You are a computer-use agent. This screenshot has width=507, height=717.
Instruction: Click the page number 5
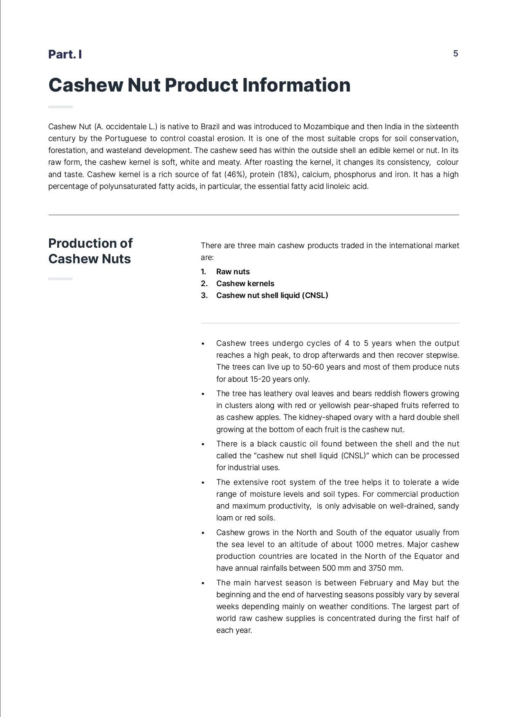click(x=455, y=54)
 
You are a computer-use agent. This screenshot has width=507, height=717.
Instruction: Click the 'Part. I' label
click(x=65, y=54)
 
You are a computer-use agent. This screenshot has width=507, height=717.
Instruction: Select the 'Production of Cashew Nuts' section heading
click(x=90, y=251)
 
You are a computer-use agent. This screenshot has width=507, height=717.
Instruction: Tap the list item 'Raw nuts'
click(x=233, y=272)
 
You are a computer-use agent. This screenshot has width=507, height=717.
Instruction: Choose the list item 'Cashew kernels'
click(x=245, y=284)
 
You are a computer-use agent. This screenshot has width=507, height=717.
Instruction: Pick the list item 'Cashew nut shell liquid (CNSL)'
click(x=272, y=296)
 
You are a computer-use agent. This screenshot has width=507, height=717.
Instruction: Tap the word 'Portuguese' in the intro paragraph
click(x=126, y=139)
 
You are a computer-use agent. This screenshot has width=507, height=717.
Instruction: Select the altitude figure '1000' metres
click(x=364, y=544)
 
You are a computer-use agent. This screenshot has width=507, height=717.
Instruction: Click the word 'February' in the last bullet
click(x=376, y=583)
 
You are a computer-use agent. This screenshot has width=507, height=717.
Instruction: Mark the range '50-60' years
click(x=313, y=367)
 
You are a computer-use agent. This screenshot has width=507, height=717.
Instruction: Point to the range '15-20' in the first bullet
click(x=260, y=379)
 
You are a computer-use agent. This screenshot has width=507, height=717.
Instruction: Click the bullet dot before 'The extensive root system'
click(x=203, y=483)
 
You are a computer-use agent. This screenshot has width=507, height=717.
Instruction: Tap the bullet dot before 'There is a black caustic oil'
click(x=203, y=444)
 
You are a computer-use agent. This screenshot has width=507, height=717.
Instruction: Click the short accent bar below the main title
click(x=61, y=107)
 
